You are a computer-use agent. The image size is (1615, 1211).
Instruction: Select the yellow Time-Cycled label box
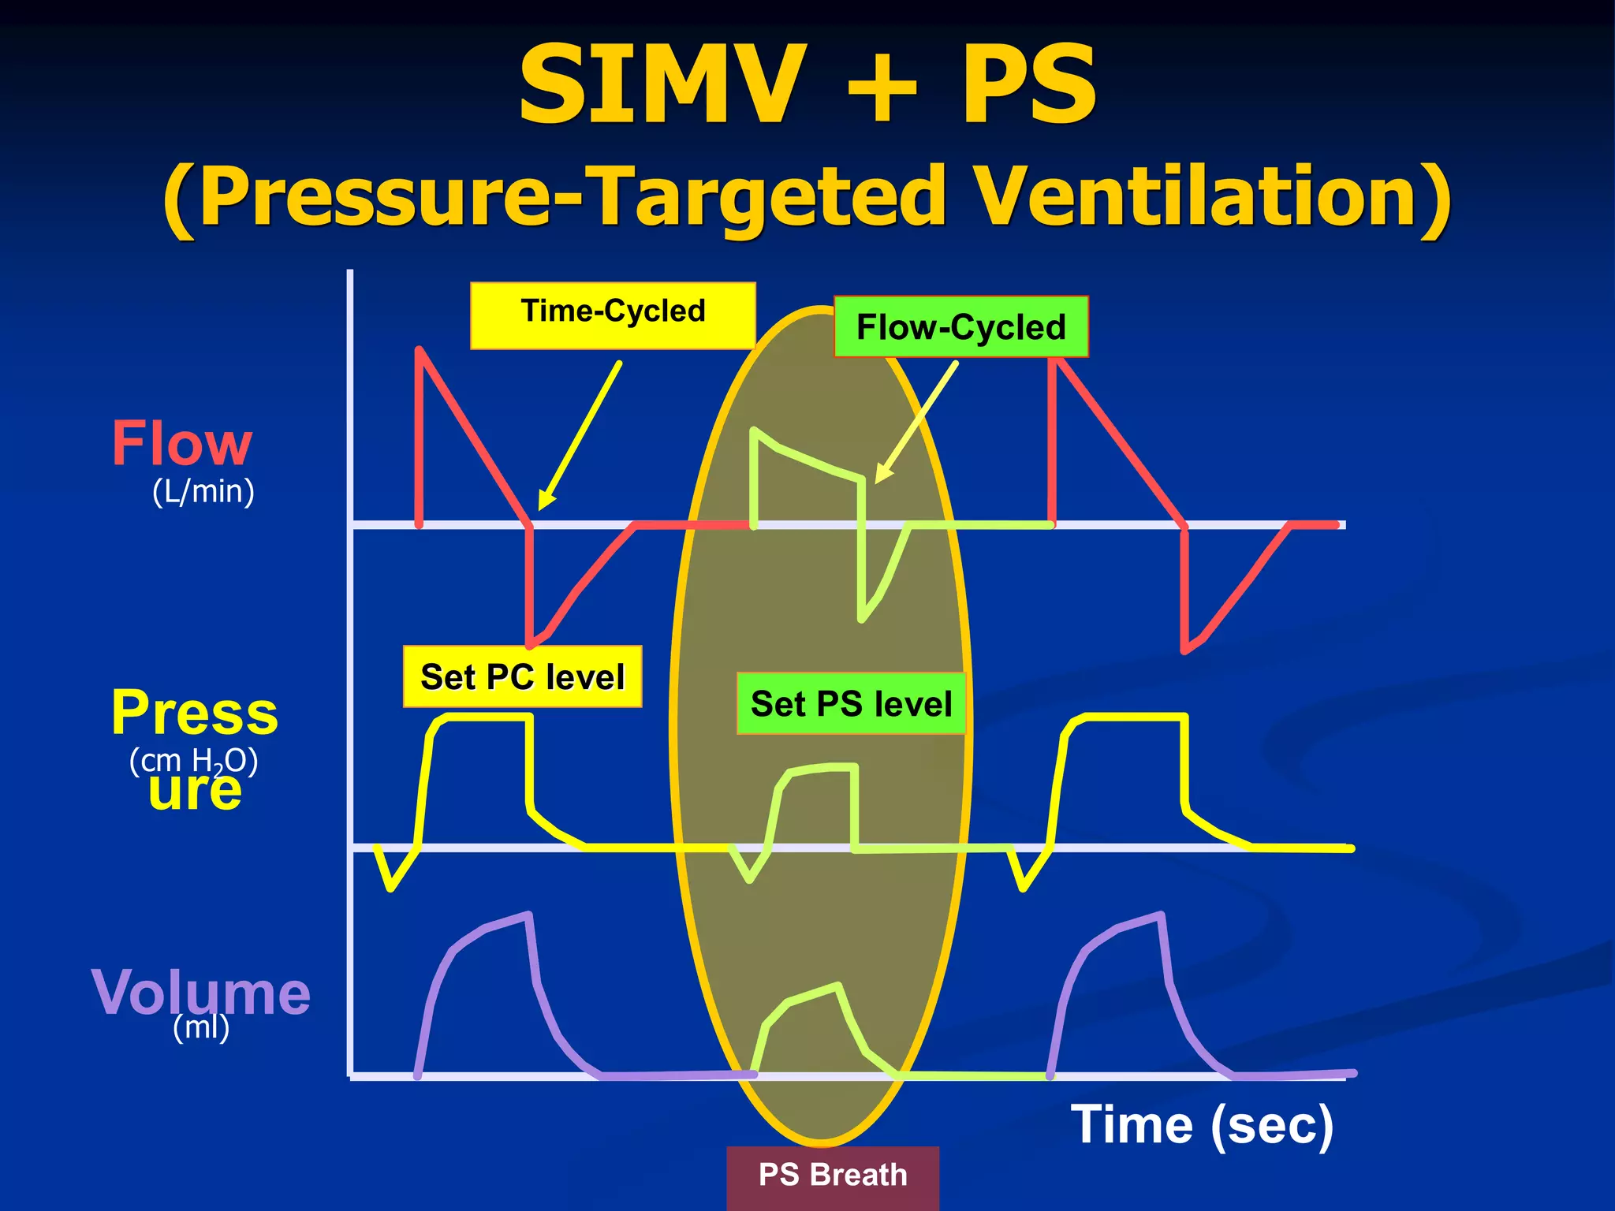[x=613, y=315]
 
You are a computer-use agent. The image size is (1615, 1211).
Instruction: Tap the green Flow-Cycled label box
[x=960, y=327]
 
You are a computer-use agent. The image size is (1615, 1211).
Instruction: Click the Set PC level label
[x=522, y=677]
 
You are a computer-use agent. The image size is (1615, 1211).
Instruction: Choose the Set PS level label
[x=851, y=703]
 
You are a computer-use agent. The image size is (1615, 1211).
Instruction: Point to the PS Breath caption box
[x=833, y=1176]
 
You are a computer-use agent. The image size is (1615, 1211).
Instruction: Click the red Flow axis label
[x=182, y=443]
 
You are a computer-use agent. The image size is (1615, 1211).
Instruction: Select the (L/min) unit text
[x=203, y=491]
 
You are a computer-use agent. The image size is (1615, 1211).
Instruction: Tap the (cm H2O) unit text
[x=193, y=761]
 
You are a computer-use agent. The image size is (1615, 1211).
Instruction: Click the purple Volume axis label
[x=200, y=991]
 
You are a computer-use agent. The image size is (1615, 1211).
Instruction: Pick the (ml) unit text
[x=201, y=1027]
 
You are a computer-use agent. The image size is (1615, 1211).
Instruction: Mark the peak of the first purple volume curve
[x=528, y=915]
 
